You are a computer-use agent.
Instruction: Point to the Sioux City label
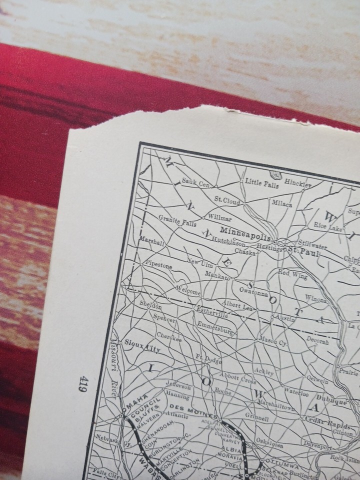pos(142,346)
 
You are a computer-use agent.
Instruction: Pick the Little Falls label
pos(261,184)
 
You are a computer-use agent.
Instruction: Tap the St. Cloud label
pos(227,201)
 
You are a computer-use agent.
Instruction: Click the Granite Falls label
pos(177,220)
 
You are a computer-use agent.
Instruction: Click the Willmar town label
pos(219,219)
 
